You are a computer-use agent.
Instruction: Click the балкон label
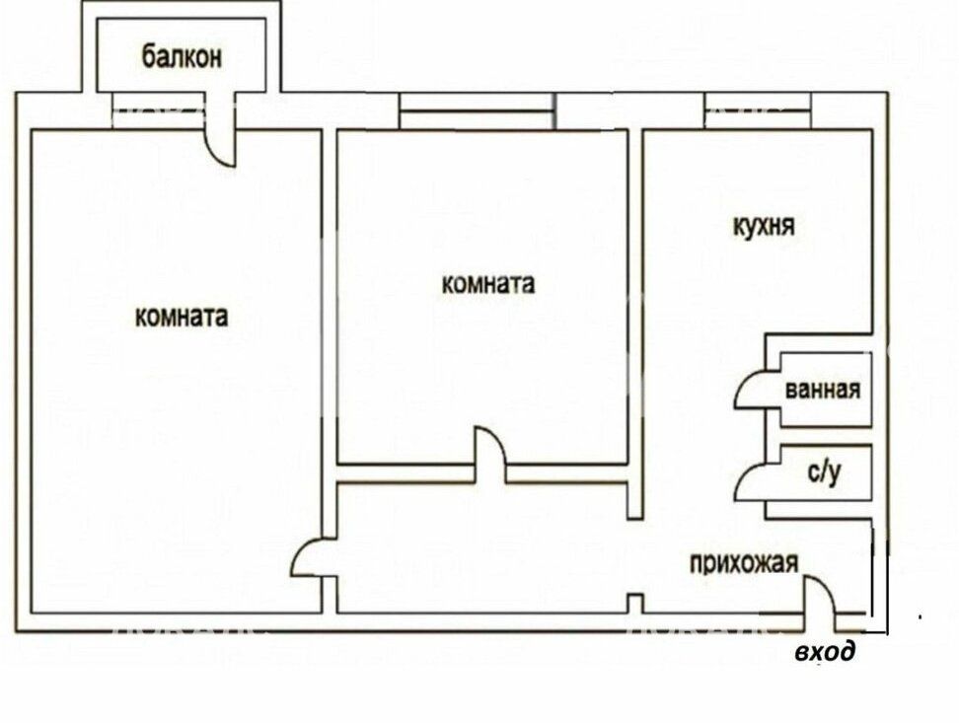pyautogui.click(x=182, y=56)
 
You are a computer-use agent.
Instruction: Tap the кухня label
pyautogui.click(x=764, y=226)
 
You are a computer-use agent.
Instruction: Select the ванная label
pyautogui.click(x=823, y=390)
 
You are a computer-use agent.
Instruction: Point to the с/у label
pyautogui.click(x=825, y=472)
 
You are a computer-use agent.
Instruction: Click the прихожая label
pyautogui.click(x=744, y=562)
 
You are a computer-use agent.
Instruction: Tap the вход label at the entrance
pyautogui.click(x=825, y=652)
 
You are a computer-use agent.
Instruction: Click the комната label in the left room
pyautogui.click(x=182, y=317)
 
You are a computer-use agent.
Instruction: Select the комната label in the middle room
pyautogui.click(x=488, y=284)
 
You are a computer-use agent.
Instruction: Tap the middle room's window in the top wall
pyautogui.click(x=478, y=110)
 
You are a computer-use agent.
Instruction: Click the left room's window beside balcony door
pyautogui.click(x=159, y=110)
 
